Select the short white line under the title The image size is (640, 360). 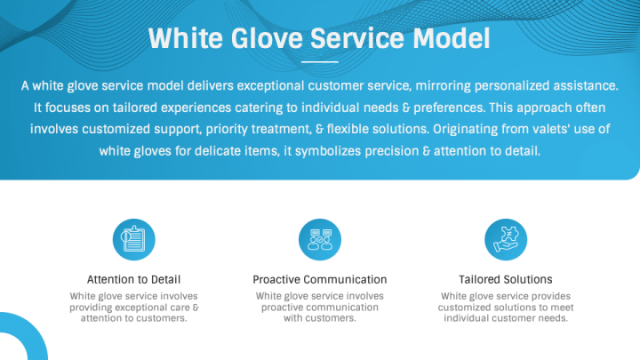(x=319, y=62)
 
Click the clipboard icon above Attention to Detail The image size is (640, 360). (x=134, y=239)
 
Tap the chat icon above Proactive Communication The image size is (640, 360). (x=320, y=239)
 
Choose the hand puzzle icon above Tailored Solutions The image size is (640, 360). (x=506, y=239)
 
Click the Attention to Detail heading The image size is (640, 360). (x=134, y=279)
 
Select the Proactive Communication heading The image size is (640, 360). (x=320, y=279)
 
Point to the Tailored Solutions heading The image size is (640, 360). (x=506, y=279)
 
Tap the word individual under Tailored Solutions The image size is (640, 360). (x=471, y=318)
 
